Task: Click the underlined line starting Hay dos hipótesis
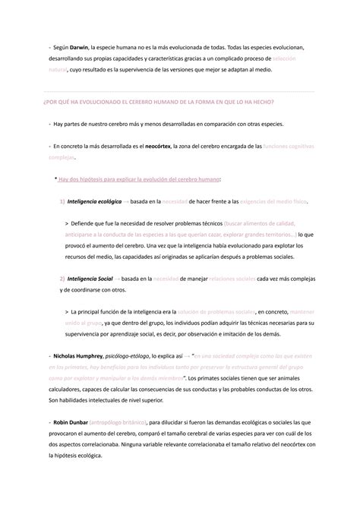tap(140, 179)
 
